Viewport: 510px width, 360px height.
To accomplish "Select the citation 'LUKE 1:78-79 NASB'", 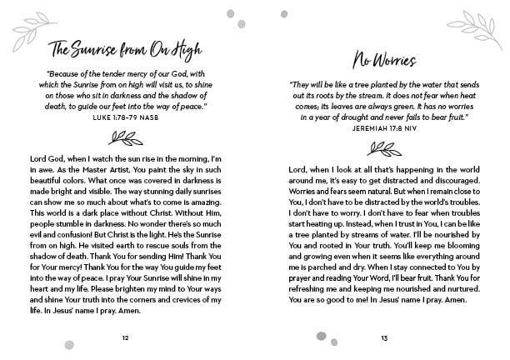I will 125,118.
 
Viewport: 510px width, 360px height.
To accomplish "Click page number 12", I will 125,337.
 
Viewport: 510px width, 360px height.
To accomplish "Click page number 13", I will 383,337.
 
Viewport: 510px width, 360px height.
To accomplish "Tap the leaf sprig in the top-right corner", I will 486,24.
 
